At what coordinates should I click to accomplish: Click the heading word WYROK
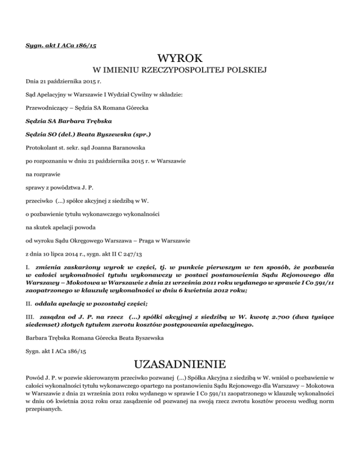pos(180,58)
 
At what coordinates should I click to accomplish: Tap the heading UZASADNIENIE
pos(180,364)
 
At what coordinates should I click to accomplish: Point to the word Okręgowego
pos(85,242)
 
